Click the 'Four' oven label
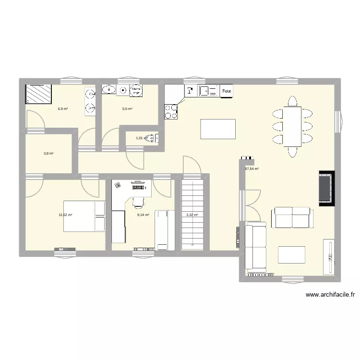[x=227, y=90]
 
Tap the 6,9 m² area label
[x=62, y=109]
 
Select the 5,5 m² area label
[x=127, y=109]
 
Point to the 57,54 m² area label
[x=252, y=169]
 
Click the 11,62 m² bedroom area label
[x=65, y=215]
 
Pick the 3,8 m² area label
[x=48, y=154]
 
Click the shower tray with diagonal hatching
[x=38, y=94]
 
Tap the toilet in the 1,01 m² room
[x=152, y=138]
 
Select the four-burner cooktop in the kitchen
[x=171, y=112]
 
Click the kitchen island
[x=218, y=129]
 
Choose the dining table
[x=292, y=126]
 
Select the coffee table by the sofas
[x=292, y=254]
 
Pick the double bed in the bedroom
[x=84, y=216]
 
